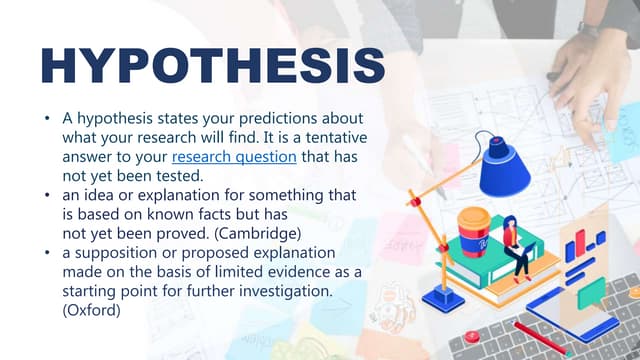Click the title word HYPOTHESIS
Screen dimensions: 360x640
tap(212, 63)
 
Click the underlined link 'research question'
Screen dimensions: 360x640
tap(234, 157)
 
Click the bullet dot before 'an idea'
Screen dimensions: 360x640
tap(47, 194)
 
